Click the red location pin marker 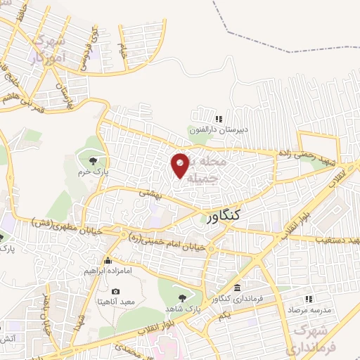[181, 165]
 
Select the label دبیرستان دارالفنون [219, 129]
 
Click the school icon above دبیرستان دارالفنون [219, 118]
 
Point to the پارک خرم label [93, 169]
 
